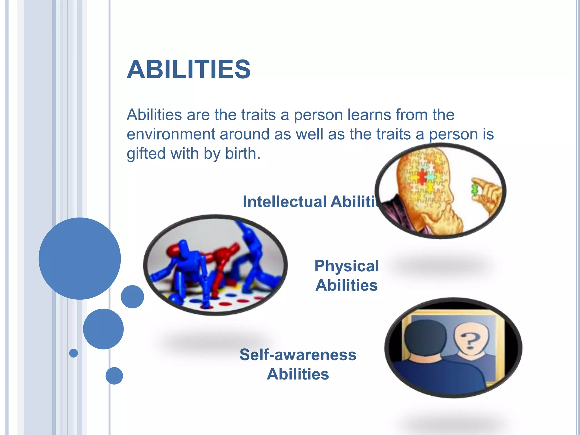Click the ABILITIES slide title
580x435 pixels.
[x=188, y=70]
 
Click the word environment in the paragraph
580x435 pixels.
[x=171, y=134]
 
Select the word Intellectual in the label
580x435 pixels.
[x=284, y=202]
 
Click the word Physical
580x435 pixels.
[x=346, y=266]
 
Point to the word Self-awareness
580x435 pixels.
[x=298, y=355]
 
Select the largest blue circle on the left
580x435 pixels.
[x=80, y=258]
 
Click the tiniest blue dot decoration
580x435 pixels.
[x=73, y=353]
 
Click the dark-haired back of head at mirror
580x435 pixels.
[x=425, y=337]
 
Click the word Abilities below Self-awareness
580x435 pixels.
[x=298, y=374]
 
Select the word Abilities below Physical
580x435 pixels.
[x=346, y=285]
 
